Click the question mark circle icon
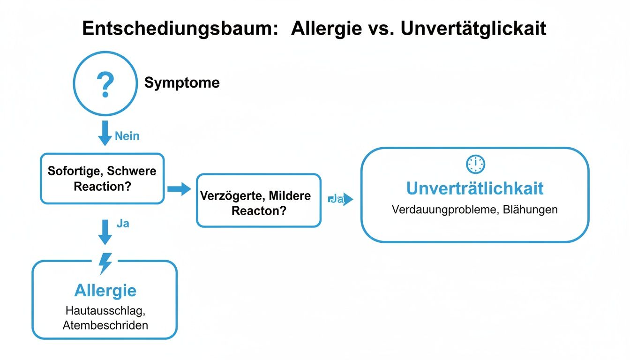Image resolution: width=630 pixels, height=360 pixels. click(x=105, y=83)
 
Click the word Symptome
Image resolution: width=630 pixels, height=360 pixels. click(x=182, y=83)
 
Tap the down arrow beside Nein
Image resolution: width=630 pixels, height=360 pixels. click(x=105, y=133)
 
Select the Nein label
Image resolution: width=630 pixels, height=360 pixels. click(x=127, y=136)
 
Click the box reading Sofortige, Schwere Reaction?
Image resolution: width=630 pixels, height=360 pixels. click(x=102, y=178)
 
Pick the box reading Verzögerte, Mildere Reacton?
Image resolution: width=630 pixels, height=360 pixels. click(x=258, y=201)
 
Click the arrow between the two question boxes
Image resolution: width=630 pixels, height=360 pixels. click(x=179, y=189)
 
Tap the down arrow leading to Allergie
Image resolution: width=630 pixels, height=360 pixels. click(x=105, y=232)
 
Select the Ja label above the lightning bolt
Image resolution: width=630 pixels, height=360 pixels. click(x=123, y=224)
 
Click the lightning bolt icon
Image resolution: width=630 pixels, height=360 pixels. click(x=105, y=263)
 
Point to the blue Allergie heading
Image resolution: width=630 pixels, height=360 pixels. click(x=105, y=291)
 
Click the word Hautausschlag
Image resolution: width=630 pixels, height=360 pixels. click(x=105, y=310)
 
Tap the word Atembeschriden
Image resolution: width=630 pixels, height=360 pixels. click(x=105, y=325)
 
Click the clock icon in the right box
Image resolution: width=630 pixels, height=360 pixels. click(x=475, y=164)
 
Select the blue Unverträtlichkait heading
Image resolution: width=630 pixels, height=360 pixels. click(x=475, y=188)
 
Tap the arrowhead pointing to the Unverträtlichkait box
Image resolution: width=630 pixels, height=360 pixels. click(x=348, y=200)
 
